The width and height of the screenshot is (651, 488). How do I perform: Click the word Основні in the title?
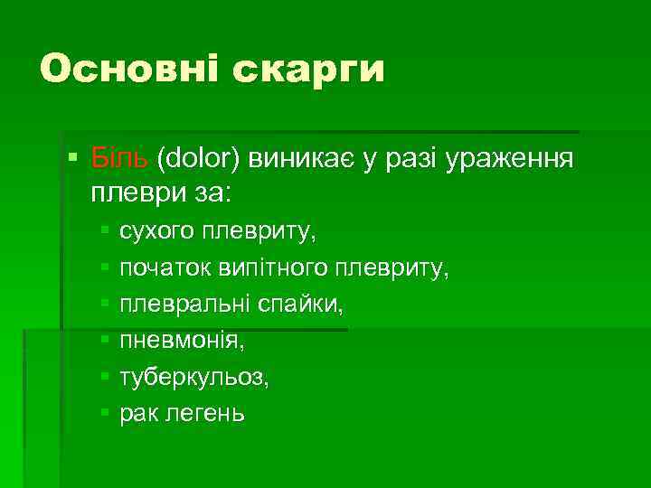click(x=130, y=69)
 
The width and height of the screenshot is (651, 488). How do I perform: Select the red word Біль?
click(x=119, y=160)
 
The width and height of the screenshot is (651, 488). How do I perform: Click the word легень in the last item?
click(x=204, y=414)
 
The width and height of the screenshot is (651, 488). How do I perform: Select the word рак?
click(x=137, y=413)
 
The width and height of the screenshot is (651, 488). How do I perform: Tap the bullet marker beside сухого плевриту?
click(x=105, y=232)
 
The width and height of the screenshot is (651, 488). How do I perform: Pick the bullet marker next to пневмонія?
click(x=105, y=341)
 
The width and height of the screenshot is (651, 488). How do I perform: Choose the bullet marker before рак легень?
click(x=105, y=413)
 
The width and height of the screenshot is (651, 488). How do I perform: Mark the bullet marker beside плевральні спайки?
click(x=105, y=305)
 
